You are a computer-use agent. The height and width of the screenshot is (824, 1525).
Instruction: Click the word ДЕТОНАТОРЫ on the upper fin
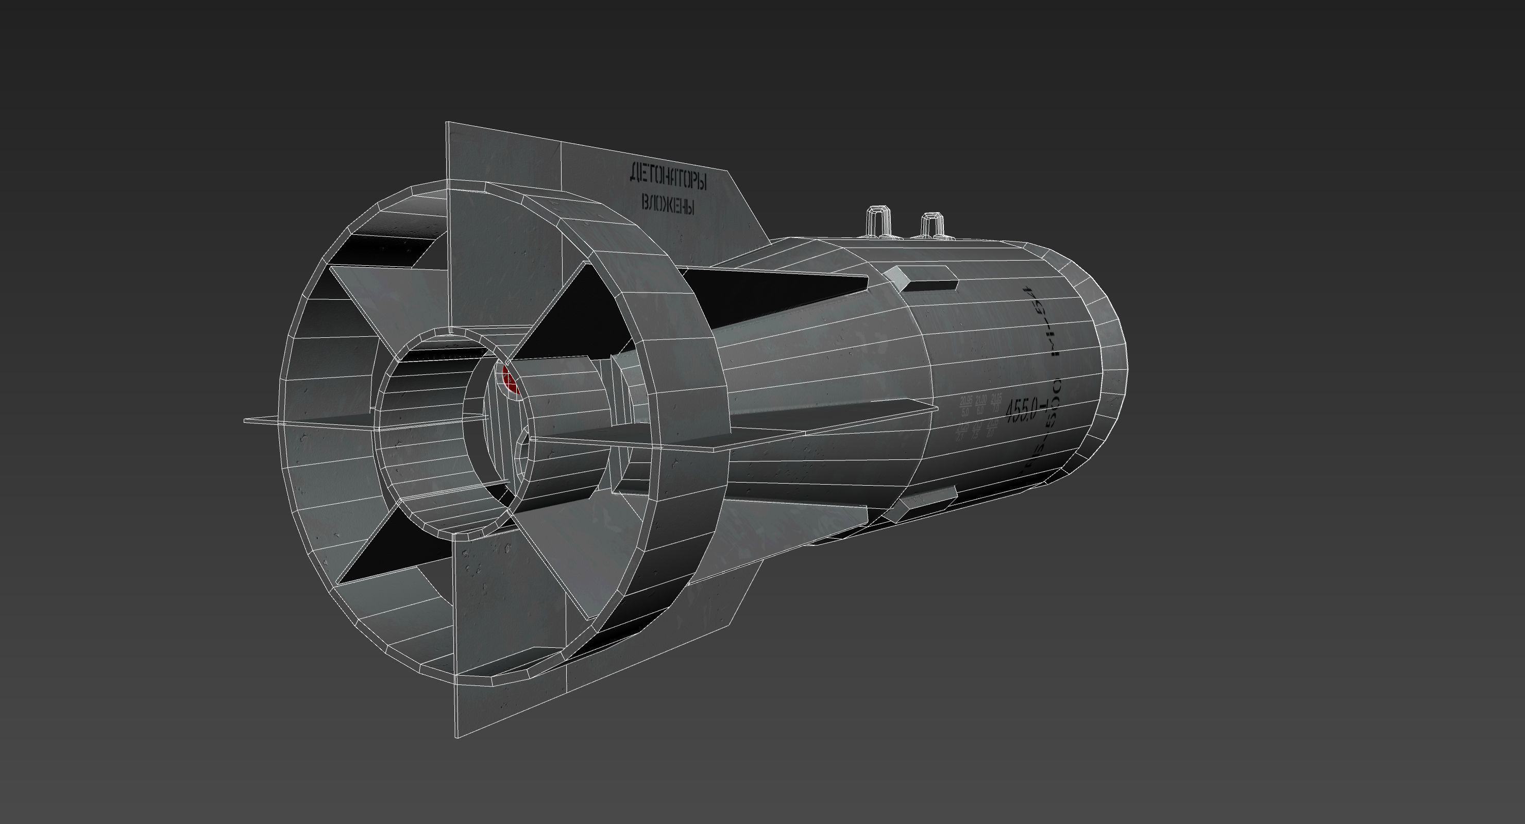coord(668,177)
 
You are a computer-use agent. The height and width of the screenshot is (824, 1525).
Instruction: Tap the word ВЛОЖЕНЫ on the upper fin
coord(668,205)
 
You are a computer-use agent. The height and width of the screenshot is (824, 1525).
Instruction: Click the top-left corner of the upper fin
coord(448,124)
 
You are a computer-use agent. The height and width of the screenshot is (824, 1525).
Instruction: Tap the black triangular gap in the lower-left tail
coord(379,551)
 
